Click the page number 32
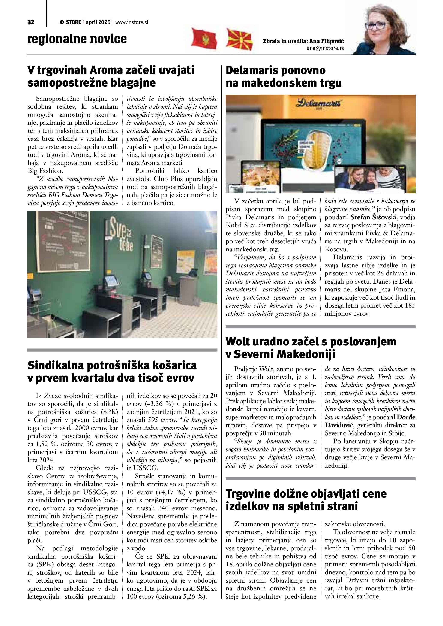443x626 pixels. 31,22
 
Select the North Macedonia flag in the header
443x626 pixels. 239,39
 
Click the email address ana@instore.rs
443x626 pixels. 325,48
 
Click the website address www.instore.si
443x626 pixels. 132,22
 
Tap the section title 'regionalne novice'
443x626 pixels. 77,39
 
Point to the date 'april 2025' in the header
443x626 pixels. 98,22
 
